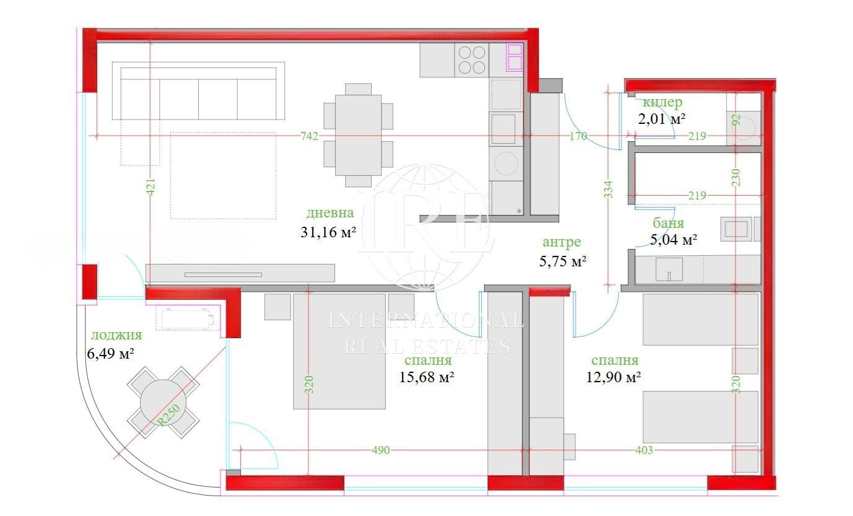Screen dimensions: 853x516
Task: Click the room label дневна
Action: [330, 213]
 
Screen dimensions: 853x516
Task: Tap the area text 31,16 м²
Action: [328, 232]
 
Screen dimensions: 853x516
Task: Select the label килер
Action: [662, 102]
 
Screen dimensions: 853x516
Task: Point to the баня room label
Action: [668, 223]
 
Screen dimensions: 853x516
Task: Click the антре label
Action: [562, 242]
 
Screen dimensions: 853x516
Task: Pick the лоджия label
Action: [116, 335]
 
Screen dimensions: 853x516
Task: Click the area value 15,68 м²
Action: [426, 377]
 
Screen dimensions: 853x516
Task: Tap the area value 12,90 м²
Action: [613, 377]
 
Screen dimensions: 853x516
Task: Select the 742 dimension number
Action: [309, 136]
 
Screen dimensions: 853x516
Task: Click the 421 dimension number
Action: [151, 187]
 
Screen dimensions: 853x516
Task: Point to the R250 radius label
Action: [168, 415]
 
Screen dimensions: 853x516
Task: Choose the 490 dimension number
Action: [381, 450]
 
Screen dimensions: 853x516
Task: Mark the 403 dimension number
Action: [644, 450]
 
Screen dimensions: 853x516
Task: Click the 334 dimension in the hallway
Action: [608, 190]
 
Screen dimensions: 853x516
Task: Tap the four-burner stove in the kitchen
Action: [472, 60]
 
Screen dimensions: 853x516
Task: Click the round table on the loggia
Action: [163, 403]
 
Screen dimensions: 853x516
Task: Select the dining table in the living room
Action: [358, 135]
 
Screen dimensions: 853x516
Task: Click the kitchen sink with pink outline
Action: [515, 57]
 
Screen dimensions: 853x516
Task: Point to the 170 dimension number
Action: [578, 136]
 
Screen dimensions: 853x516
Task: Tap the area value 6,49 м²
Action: [110, 354]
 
